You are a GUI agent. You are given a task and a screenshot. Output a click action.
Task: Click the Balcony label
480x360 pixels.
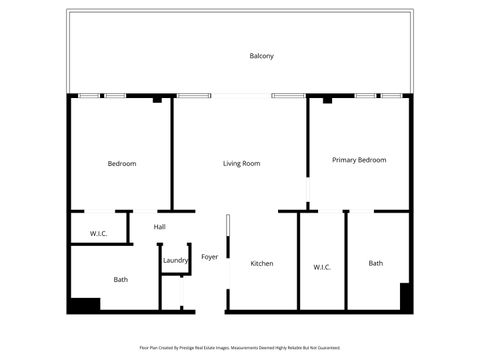[x=261, y=56]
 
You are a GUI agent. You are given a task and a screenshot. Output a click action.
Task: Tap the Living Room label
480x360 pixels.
[x=241, y=163]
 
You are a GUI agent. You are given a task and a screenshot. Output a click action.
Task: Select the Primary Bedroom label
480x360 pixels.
[x=359, y=160]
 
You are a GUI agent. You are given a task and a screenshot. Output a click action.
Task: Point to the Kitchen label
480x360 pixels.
[x=262, y=264]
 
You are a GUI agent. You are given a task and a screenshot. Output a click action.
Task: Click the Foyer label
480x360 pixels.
[x=210, y=257]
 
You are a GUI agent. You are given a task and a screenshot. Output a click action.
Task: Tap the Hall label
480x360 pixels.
[x=159, y=227]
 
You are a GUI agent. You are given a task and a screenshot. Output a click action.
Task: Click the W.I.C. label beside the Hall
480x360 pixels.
[x=98, y=234]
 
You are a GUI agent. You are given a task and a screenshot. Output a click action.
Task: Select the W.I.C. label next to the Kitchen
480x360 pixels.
[x=322, y=267]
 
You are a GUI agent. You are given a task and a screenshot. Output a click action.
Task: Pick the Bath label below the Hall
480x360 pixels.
[x=120, y=280]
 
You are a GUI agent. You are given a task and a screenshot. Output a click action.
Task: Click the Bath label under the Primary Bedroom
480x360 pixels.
[x=375, y=264]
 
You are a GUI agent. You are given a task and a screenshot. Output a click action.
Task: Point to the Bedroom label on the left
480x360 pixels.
[x=122, y=163]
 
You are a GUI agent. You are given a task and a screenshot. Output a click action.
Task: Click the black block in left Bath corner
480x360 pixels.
[x=84, y=305]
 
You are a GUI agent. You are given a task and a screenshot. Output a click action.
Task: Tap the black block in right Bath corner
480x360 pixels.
[x=406, y=298]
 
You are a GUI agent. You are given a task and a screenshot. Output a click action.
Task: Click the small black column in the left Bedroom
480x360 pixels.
[x=158, y=100]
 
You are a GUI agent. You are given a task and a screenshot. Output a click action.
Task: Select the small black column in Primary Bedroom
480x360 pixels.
[x=327, y=100]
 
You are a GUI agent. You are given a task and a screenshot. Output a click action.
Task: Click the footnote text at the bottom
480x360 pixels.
[x=240, y=349]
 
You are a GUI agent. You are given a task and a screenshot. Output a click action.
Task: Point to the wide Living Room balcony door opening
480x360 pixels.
[x=240, y=96]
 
